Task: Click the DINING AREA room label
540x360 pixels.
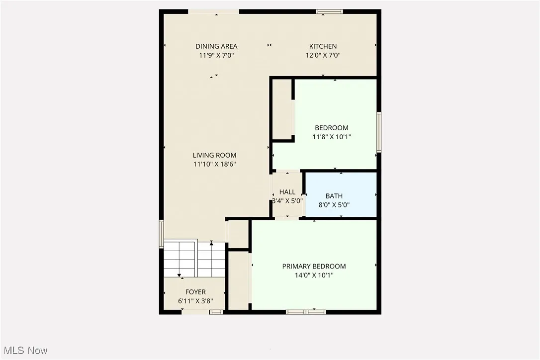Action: tap(216, 46)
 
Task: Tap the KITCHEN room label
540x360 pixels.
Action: tap(323, 46)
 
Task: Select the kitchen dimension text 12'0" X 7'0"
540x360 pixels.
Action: tap(323, 56)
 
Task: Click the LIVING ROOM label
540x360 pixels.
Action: tap(215, 155)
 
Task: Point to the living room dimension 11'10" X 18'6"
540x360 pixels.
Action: tap(215, 164)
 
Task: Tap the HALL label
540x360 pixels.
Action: tap(287, 192)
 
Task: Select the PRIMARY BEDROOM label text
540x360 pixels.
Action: tap(314, 266)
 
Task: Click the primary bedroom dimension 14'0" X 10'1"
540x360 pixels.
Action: tap(314, 275)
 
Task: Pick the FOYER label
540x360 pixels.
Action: tap(195, 292)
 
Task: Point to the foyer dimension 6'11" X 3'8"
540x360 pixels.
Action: tap(195, 301)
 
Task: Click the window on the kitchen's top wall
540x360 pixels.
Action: tap(329, 11)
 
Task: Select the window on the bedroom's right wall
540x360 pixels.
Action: tap(378, 132)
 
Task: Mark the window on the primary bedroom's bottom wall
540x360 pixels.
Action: tap(306, 312)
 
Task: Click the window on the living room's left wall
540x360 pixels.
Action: tap(161, 234)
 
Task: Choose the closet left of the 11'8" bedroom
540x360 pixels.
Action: tap(282, 109)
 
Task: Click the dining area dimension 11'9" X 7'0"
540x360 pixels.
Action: tap(216, 56)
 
